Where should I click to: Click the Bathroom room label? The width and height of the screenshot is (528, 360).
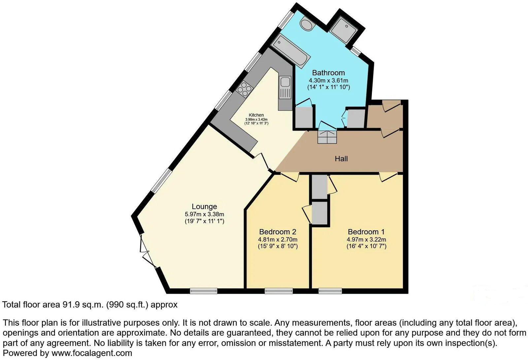328,73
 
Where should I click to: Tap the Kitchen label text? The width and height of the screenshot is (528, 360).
256,115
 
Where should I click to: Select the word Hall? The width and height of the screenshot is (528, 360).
341,159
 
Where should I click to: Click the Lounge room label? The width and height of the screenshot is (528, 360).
204,207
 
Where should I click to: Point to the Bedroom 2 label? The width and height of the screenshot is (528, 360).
278,232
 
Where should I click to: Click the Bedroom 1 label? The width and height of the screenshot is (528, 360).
366,232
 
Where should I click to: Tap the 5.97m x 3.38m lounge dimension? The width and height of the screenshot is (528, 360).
204,214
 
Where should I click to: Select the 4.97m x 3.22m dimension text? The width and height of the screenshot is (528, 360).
366,240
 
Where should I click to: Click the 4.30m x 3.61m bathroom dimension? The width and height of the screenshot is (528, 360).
328,80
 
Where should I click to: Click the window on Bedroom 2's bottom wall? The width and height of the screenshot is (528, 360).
279,291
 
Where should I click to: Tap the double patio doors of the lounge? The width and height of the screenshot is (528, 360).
147,251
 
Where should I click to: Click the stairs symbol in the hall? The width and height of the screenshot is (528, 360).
327,137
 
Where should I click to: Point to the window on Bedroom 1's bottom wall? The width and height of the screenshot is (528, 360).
330,291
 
